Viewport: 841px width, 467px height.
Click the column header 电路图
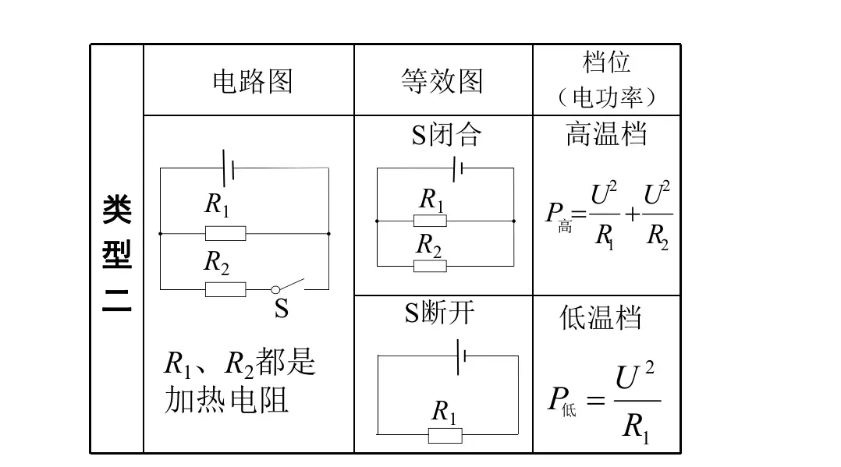coord(252,81)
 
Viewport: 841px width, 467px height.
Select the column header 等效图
coord(442,81)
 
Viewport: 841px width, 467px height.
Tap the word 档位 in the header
coord(606,62)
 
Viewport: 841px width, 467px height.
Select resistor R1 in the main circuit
coord(225,233)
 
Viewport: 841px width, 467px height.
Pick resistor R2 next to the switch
coord(225,289)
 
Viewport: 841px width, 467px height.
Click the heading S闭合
coord(445,135)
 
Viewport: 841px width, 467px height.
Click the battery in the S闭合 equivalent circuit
coord(458,167)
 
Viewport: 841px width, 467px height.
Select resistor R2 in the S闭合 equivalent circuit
coord(430,266)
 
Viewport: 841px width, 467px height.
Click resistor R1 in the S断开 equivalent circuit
coord(445,434)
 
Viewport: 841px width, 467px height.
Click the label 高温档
coord(606,134)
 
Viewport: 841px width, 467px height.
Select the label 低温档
coord(601,317)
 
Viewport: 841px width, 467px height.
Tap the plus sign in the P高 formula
coord(632,214)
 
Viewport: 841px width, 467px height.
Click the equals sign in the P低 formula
coord(595,402)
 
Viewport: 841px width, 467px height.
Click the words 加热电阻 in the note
coord(227,400)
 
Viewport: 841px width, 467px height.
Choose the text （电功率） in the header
coord(606,97)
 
